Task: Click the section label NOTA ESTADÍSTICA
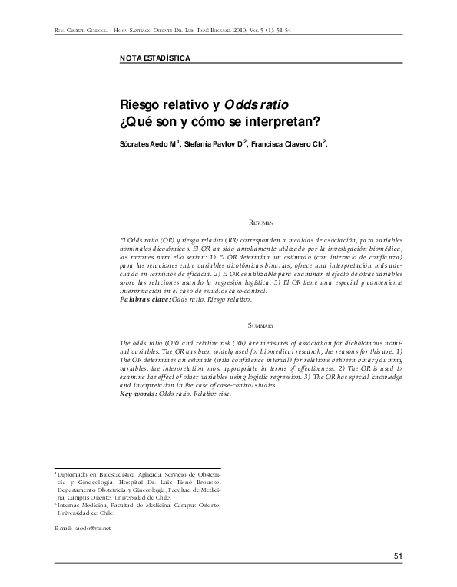155,58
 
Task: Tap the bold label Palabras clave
145,299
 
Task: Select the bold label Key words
138,394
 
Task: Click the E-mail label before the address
64,529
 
